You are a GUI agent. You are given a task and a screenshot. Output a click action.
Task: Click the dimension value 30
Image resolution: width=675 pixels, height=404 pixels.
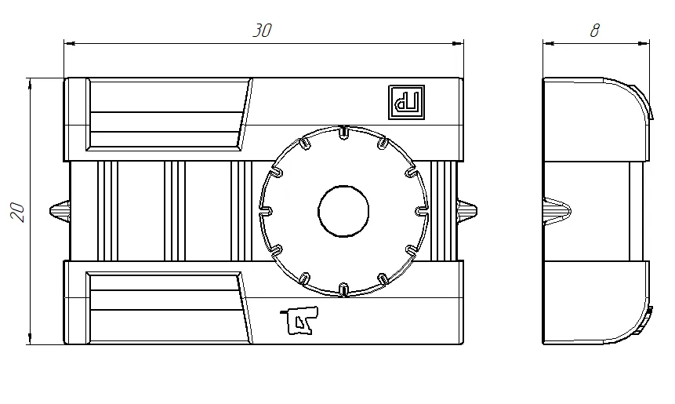coord(262,31)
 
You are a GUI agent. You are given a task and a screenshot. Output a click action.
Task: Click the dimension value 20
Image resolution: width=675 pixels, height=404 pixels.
coord(18,211)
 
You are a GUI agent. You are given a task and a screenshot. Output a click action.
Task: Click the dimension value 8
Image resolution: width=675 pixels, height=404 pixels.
coord(595,31)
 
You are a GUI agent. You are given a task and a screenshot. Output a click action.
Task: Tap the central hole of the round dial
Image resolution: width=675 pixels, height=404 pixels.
coord(343,210)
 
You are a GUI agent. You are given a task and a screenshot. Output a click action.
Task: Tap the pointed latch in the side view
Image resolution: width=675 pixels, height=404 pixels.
coord(557,210)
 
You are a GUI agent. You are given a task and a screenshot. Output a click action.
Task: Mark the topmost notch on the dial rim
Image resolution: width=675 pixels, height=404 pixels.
coord(343,131)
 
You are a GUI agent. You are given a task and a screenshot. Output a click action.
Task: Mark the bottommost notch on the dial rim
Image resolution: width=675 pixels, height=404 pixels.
coord(343,289)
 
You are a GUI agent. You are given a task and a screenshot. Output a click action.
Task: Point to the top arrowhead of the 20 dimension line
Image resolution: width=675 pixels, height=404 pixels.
coord(30,82)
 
